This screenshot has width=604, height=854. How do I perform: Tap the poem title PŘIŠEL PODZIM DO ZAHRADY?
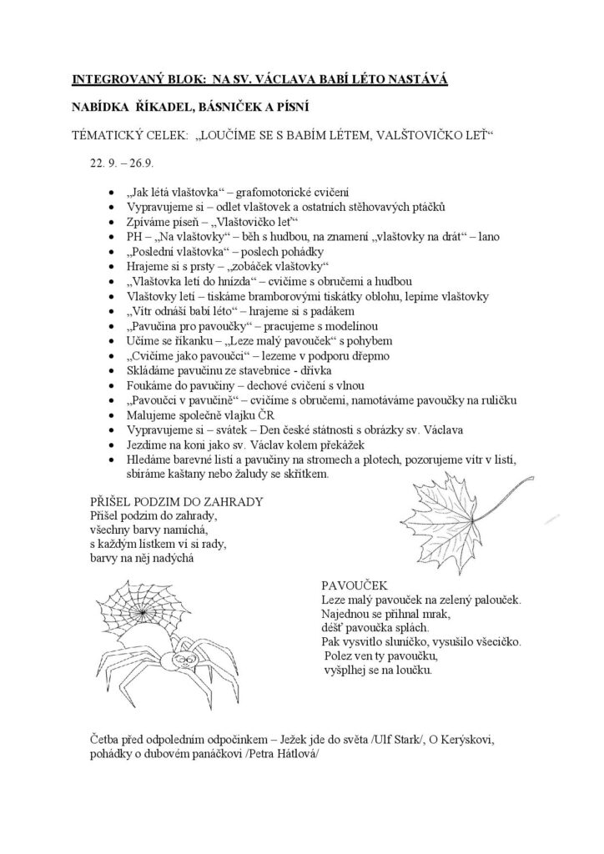[177, 502]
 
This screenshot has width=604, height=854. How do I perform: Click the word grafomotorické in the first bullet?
[274, 192]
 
